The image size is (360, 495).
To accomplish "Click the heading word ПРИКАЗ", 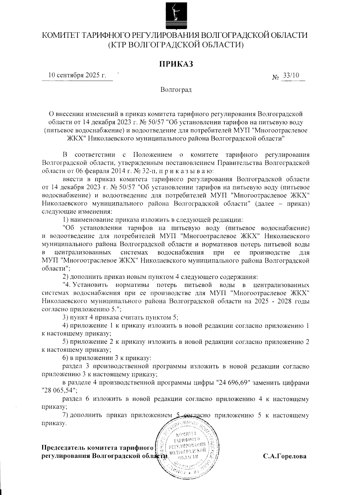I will pyautogui.click(x=175, y=64).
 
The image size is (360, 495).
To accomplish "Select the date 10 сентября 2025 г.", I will pyautogui.click(x=77, y=75).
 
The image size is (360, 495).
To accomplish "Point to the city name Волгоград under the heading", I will pyautogui.click(x=176, y=90).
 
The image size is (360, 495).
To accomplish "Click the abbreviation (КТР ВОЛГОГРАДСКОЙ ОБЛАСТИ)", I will pyautogui.click(x=175, y=45).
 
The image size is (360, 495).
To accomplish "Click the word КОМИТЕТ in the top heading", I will pyautogui.click(x=61, y=35).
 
